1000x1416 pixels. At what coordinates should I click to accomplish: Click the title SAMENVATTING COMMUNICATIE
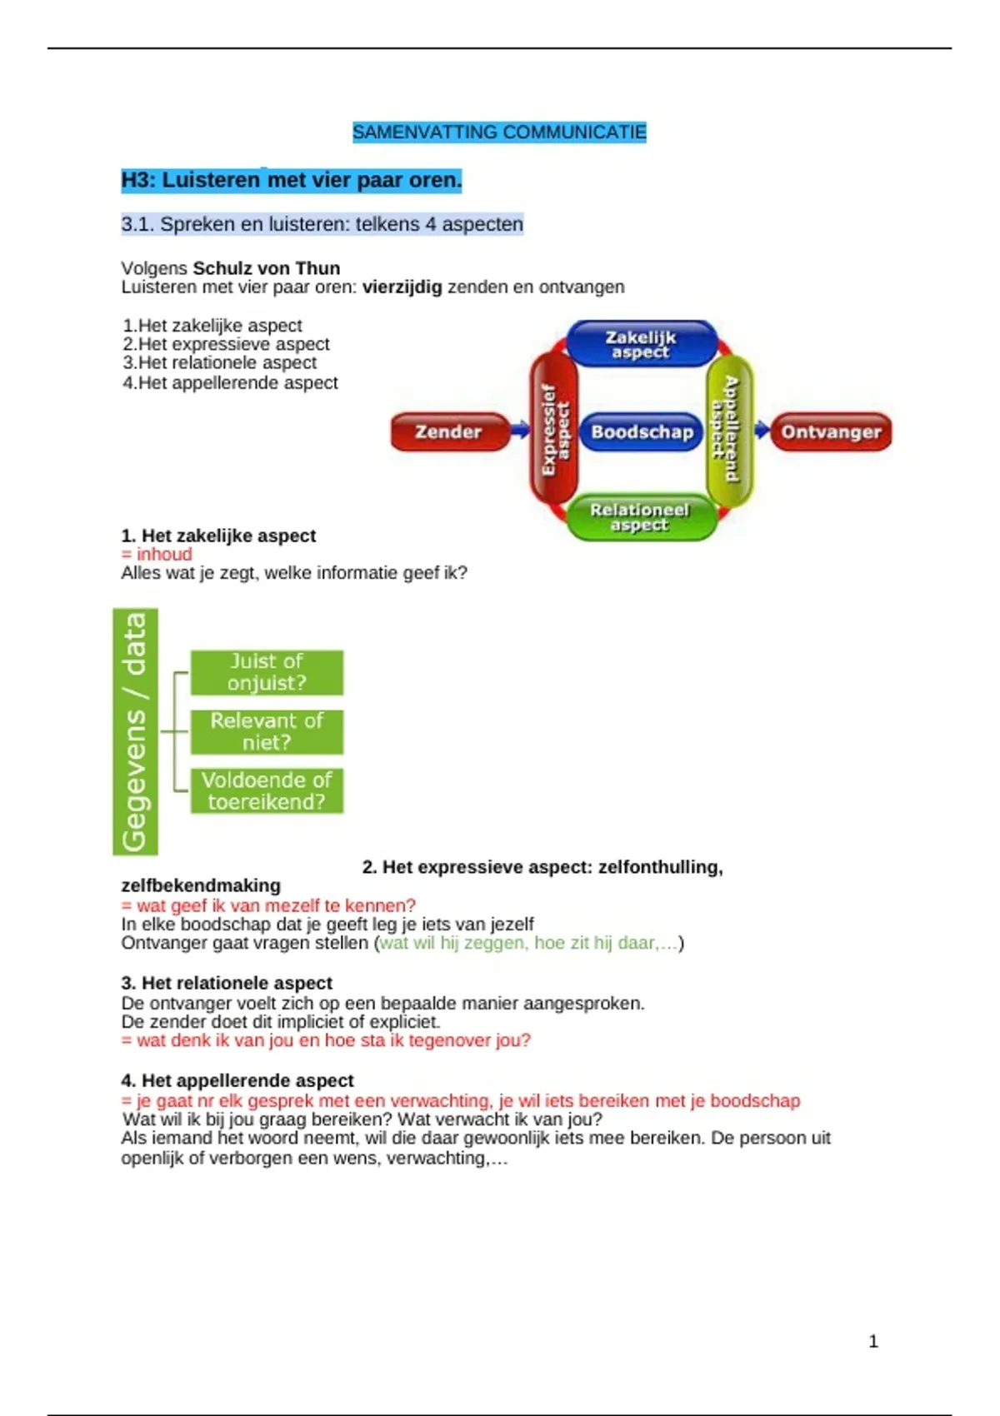[499, 132]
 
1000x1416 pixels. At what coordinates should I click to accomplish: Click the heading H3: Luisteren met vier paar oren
[291, 180]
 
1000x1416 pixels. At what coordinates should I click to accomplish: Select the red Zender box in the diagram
[449, 431]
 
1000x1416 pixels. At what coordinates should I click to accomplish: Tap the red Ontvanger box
[831, 431]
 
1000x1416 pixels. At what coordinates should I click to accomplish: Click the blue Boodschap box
[641, 431]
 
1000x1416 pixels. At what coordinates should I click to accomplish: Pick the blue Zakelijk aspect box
[641, 343]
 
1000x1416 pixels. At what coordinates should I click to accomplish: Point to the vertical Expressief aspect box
[554, 429]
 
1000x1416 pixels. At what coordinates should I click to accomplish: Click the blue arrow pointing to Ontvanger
[762, 430]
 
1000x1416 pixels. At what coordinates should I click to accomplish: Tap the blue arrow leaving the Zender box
[520, 430]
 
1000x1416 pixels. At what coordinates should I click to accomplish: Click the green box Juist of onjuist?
[267, 672]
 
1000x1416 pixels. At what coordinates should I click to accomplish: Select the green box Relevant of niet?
[267, 731]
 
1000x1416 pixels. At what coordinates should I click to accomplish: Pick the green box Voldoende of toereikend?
[267, 790]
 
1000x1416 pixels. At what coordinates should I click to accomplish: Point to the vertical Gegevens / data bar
[135, 731]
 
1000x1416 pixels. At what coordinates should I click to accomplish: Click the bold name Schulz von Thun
[267, 268]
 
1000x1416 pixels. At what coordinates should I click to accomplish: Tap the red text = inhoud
[157, 555]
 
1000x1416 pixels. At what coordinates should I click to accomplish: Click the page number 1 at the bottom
[873, 1341]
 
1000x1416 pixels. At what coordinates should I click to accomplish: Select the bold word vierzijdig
[402, 287]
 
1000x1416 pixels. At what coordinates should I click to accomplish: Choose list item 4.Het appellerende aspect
[230, 383]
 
